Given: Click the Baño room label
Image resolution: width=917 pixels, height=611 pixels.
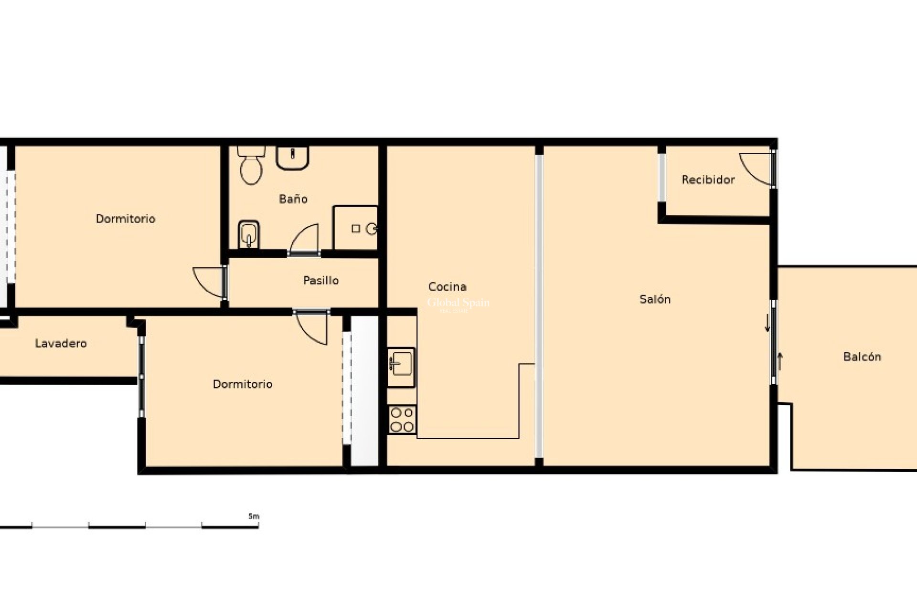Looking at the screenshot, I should tap(293, 199).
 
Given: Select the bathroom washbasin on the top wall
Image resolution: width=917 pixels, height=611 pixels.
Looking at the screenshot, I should tap(292, 158).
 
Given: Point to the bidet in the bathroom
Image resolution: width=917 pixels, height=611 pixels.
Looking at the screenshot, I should tap(248, 234).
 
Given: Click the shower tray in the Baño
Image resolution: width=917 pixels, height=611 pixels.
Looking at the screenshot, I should tap(355, 228).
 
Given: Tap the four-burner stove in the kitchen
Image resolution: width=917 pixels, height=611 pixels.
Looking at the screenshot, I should tap(402, 420).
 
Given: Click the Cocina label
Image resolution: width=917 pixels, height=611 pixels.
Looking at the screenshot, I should tap(447, 286).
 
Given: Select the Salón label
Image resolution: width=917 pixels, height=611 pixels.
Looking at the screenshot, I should tap(655, 299).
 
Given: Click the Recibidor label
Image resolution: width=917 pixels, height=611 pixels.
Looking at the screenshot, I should tap(708, 179).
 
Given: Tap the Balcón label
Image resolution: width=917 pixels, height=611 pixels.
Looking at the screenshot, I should tap(862, 357).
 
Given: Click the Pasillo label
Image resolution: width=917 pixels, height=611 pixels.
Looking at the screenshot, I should tap(321, 280).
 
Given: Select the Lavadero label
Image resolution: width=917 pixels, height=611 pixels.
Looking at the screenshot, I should tap(61, 343).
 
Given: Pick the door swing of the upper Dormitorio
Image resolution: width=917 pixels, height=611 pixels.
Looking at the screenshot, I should tap(209, 282).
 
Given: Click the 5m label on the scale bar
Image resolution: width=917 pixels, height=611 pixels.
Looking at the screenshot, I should tap(254, 516).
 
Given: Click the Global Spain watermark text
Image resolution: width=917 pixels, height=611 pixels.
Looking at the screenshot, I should tap(458, 303).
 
